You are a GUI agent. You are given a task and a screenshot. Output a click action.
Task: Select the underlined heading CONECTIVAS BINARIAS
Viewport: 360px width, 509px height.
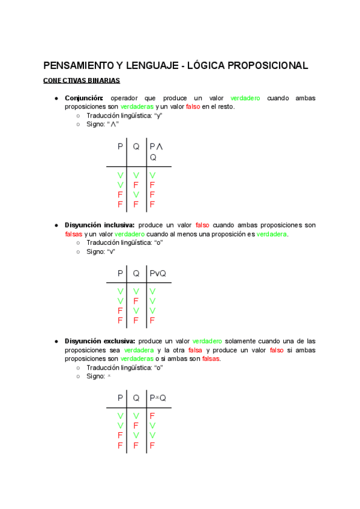tap(82, 80)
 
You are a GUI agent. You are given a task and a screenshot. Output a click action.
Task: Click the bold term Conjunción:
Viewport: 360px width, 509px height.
tap(84, 98)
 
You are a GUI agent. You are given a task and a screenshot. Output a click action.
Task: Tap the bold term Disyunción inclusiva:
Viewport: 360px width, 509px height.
tap(99, 225)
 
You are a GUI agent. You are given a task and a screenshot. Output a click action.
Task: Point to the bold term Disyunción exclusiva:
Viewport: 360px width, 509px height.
tap(100, 341)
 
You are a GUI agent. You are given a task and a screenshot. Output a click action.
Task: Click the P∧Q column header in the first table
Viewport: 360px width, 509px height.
tap(156, 151)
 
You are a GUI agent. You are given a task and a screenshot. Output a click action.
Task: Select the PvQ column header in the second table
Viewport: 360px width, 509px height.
tap(158, 273)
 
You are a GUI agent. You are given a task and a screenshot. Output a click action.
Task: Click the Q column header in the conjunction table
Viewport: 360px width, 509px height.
tap(136, 146)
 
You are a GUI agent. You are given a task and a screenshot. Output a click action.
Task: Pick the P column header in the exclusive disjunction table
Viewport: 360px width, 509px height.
tap(121, 397)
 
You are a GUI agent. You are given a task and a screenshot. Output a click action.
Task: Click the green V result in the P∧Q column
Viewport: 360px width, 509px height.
tap(152, 175)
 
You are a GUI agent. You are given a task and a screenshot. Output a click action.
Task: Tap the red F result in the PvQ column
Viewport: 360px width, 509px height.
tap(152, 321)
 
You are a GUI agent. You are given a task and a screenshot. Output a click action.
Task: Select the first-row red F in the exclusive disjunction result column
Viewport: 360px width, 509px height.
tap(152, 415)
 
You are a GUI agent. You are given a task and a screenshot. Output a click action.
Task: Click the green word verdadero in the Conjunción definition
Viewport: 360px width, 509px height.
tap(245, 98)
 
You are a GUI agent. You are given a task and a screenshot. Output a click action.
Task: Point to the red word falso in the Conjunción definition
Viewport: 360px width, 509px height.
tap(193, 107)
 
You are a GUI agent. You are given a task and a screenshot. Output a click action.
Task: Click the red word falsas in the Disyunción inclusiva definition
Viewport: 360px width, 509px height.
tap(74, 234)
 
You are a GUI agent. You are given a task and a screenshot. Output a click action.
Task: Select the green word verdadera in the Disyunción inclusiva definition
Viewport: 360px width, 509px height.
tap(272, 234)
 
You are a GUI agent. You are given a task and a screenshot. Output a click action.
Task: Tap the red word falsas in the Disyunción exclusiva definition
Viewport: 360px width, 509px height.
tap(211, 358)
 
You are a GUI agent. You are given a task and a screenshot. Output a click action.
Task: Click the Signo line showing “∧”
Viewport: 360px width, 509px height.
tap(103, 124)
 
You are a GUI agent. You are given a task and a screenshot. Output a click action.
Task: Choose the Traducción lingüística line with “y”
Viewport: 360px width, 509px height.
tap(124, 115)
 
